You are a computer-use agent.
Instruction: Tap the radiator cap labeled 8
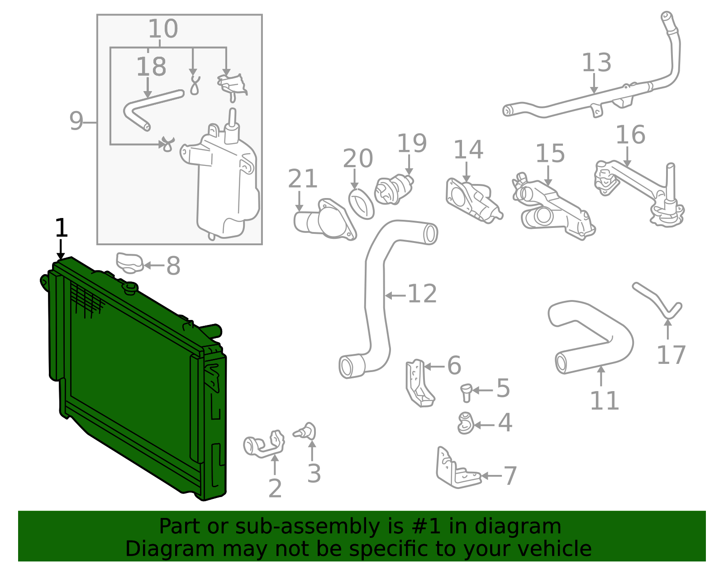click(x=129, y=263)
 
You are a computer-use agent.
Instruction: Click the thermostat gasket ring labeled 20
click(x=361, y=204)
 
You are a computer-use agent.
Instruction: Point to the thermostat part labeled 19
click(x=393, y=190)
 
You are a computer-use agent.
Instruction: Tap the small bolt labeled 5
click(x=467, y=392)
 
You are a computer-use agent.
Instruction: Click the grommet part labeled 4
click(x=465, y=423)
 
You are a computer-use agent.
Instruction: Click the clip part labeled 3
click(x=307, y=431)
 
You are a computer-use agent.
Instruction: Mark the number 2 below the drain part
click(x=275, y=489)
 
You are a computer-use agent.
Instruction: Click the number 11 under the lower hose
click(x=604, y=401)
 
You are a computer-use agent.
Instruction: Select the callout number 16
click(x=630, y=135)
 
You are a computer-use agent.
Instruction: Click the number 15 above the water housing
click(x=550, y=154)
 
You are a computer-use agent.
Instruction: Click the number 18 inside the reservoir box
click(x=151, y=67)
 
